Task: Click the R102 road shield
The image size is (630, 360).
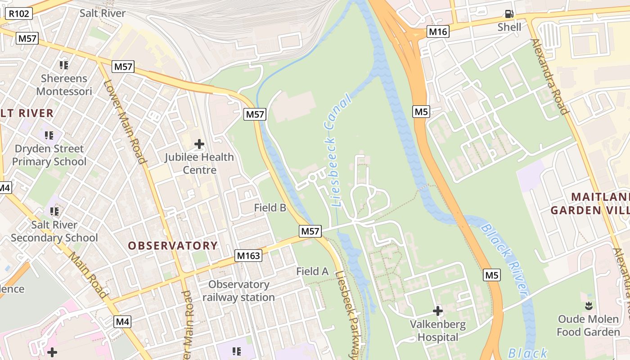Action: point(19,13)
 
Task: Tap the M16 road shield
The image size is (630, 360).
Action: point(438,31)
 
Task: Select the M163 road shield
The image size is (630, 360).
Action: point(248,256)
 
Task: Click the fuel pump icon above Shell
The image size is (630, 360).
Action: point(509,14)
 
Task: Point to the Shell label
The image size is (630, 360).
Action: point(509,27)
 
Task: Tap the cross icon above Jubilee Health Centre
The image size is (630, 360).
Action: point(199,144)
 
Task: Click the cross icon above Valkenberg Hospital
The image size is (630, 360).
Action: point(437,311)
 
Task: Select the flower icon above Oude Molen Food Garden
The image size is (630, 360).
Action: point(588,306)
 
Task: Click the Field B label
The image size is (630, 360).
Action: point(270,207)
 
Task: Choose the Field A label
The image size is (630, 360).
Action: point(312,271)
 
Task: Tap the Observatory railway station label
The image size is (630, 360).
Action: point(238,291)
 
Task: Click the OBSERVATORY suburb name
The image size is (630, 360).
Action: point(173,246)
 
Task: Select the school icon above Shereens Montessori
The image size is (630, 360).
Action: point(64,65)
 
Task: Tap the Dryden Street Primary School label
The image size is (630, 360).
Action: point(49,155)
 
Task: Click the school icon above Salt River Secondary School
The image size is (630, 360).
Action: point(54,211)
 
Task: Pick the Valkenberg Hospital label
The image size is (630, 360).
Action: point(437,331)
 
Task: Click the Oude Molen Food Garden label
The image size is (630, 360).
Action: point(588,326)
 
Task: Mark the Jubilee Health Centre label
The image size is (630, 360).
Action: point(199,163)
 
